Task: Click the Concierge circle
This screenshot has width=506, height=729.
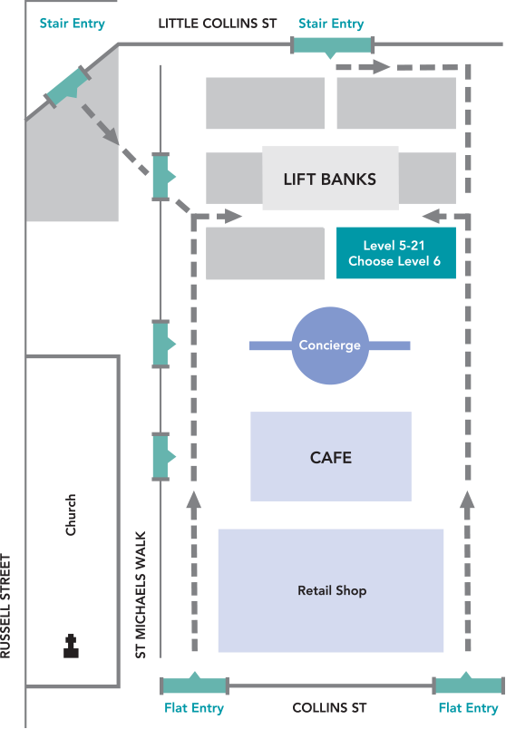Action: click(330, 345)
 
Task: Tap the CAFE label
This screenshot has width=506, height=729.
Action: click(331, 458)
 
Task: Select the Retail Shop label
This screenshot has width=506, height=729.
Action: click(332, 590)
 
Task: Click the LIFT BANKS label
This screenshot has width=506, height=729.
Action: click(330, 179)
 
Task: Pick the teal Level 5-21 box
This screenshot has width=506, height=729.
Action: click(396, 253)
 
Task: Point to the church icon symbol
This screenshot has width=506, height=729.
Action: click(71, 646)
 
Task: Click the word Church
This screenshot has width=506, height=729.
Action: click(71, 515)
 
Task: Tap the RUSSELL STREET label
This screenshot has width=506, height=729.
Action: click(5, 606)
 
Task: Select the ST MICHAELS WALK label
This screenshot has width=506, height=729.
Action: click(141, 595)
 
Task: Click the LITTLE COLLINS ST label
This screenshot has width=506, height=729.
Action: click(218, 24)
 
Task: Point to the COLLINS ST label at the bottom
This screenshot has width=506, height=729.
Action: click(329, 707)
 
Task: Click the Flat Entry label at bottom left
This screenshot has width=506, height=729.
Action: click(194, 707)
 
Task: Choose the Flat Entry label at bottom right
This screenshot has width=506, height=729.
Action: click(468, 707)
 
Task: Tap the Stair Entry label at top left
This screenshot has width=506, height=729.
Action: click(72, 24)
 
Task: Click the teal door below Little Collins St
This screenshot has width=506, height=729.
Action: click(332, 46)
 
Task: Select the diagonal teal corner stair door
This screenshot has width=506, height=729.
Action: click(68, 86)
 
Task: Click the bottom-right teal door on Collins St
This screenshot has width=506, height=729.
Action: click(468, 685)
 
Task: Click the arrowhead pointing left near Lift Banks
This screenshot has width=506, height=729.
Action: click(431, 216)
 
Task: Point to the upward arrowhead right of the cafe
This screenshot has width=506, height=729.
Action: click(467, 500)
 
